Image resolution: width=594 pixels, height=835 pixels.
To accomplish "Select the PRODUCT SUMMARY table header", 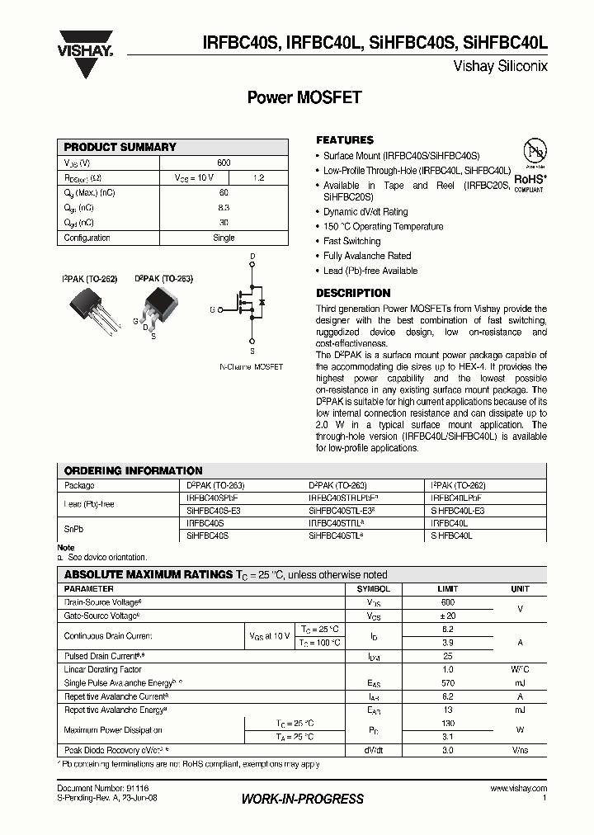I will [120, 147].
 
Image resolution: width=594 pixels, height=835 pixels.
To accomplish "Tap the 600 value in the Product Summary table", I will [224, 163].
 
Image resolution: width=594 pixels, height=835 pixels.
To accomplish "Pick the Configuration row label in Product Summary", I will [87, 238].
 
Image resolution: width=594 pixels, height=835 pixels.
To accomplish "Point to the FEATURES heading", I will [345, 140].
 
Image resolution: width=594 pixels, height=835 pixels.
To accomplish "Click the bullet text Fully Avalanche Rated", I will [367, 256].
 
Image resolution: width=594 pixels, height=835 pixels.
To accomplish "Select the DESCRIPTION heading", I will [353, 293].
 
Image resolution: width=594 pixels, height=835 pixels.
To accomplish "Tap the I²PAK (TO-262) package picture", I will [89, 308].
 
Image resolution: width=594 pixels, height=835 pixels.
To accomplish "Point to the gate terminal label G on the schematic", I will [213, 309].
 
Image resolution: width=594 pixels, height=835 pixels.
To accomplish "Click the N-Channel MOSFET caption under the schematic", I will [251, 366].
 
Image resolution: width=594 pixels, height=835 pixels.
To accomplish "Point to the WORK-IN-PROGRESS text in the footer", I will [302, 799].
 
